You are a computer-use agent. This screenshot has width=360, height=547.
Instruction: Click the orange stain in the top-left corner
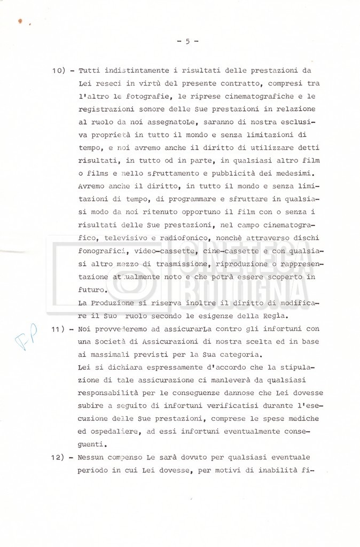(20, 21)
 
